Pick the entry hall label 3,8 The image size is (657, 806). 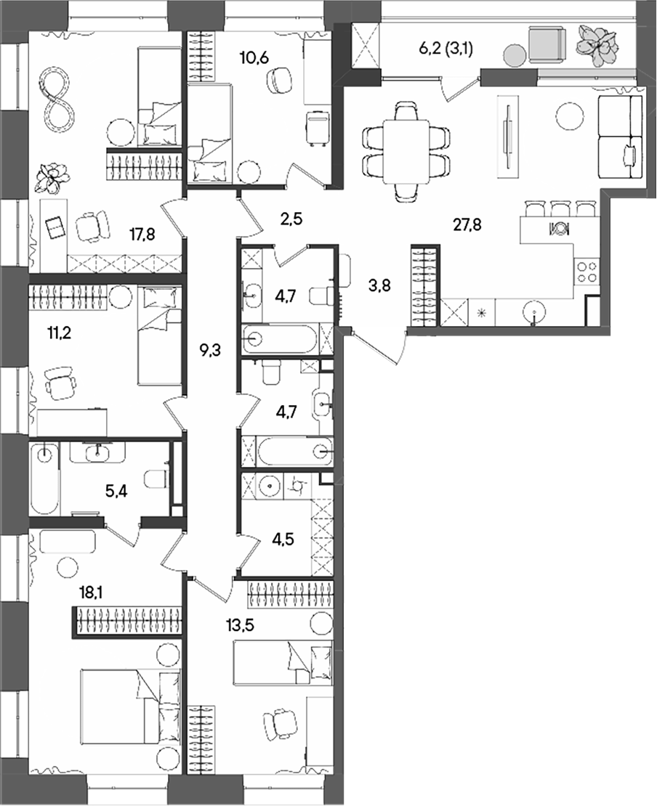click(379, 285)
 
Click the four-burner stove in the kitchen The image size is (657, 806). click(587, 272)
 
